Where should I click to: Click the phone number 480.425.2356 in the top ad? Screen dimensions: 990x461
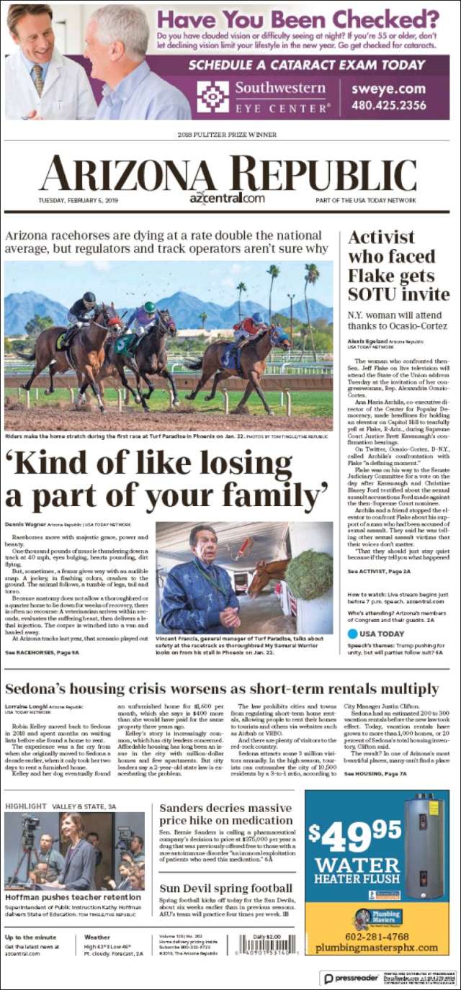click(388, 105)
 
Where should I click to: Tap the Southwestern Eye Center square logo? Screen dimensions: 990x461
click(212, 96)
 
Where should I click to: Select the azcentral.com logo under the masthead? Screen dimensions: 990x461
click(227, 199)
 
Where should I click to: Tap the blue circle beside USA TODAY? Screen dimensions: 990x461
click(353, 634)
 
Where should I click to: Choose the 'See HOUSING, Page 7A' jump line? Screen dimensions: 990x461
click(375, 773)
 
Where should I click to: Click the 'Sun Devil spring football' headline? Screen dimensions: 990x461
click(225, 888)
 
